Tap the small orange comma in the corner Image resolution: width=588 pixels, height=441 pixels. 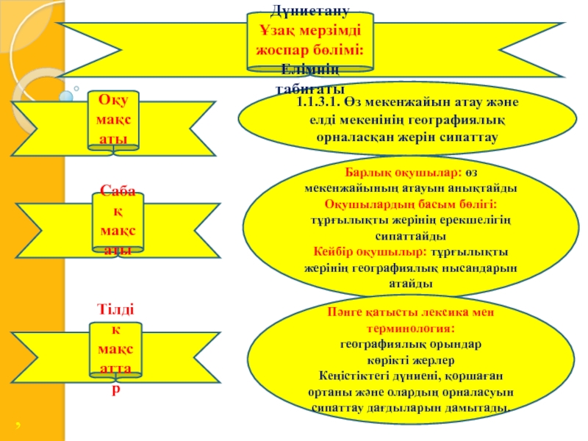(x=16, y=425)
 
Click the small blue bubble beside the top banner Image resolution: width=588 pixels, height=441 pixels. (x=65, y=96)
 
